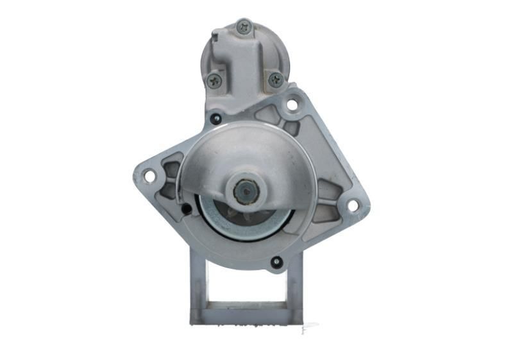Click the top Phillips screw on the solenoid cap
coord(244,26)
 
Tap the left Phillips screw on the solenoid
coord(214,80)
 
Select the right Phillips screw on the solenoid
coord(276,80)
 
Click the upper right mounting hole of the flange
coord(292,103)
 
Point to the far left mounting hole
coord(149,175)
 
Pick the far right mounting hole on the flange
coord(352,205)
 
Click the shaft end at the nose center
coord(246,190)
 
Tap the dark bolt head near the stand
coord(276,262)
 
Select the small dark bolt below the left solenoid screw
coord(215,119)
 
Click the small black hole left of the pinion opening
coord(186,209)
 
